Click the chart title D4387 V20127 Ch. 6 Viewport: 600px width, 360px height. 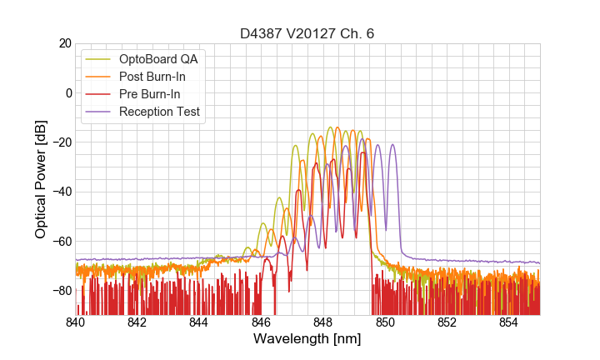[307, 33]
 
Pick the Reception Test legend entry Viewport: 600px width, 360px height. [159, 112]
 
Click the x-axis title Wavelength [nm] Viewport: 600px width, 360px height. [307, 339]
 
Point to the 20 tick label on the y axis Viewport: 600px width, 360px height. [65, 43]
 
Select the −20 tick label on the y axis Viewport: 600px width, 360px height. [61, 142]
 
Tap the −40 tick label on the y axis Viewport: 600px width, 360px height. [61, 192]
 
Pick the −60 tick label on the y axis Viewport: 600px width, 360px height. [61, 242]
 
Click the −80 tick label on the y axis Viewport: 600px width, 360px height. [61, 291]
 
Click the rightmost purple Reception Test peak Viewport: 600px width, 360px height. [392, 145]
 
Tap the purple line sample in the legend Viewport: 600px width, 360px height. [99, 112]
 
